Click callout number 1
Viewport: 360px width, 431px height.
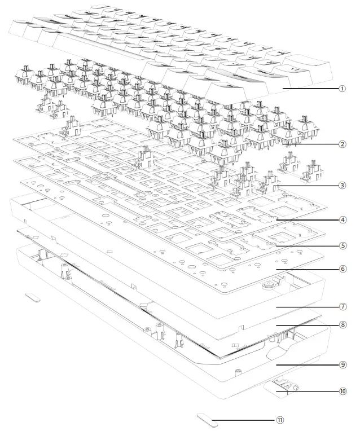click(342, 89)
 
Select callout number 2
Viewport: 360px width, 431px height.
click(342, 144)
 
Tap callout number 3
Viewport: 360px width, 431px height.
click(342, 185)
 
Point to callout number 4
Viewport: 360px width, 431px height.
click(343, 220)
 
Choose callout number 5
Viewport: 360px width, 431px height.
click(343, 245)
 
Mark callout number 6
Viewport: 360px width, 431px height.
click(343, 269)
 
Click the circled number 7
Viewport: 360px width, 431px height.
click(343, 306)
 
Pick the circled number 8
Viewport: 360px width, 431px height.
click(343, 324)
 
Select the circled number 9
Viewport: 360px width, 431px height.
click(343, 365)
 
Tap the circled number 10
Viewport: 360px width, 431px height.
click(343, 391)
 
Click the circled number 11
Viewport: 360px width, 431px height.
click(280, 420)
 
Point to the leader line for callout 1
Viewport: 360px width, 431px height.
click(310, 89)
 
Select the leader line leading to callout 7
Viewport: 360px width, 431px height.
click(308, 306)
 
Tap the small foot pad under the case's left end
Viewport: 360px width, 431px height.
click(33, 297)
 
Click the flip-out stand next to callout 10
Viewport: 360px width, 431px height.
click(280, 388)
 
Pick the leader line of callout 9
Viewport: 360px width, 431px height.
click(308, 365)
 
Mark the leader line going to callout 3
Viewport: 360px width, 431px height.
click(308, 185)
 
